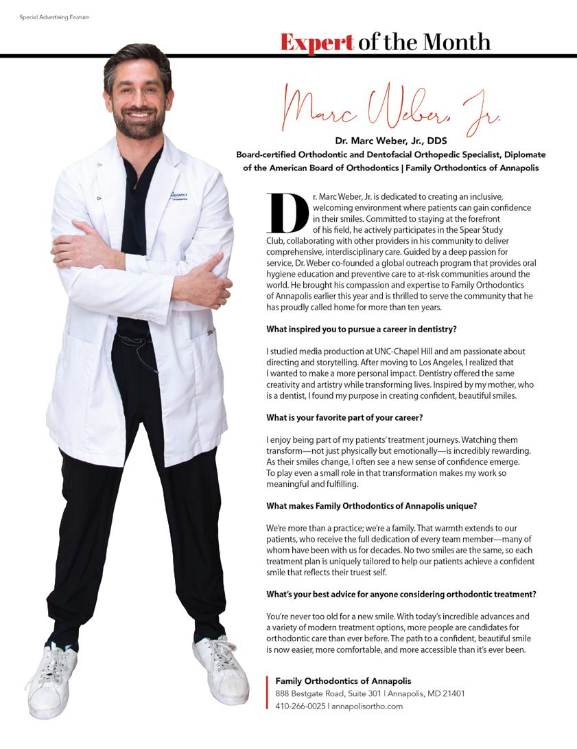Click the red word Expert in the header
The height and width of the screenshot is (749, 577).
pos(317,42)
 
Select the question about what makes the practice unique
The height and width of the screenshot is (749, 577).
pos(375,506)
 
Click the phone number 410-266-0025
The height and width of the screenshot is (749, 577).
pos(301,706)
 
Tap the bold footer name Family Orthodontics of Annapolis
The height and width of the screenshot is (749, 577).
pos(343,680)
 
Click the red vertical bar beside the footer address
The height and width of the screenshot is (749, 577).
pos(267,693)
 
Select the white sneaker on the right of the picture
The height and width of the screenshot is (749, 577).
pos(221,669)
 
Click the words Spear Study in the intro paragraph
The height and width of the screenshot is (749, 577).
pos(489,230)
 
